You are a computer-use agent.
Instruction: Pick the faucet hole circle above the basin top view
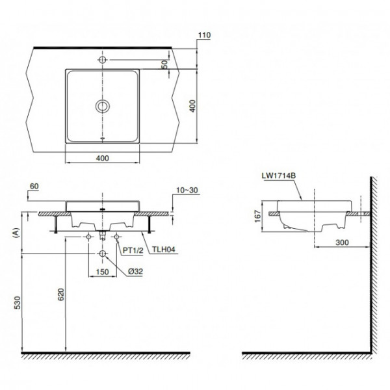click(x=103, y=59)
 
